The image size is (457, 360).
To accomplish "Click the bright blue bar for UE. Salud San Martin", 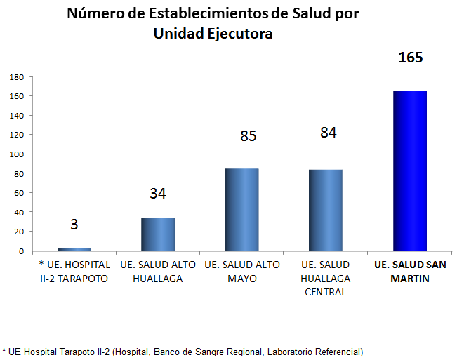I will [410, 171].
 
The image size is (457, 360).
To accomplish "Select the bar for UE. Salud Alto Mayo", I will [241, 209].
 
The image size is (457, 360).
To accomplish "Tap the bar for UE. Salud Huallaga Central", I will [326, 210].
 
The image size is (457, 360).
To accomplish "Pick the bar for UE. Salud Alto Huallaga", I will [158, 234].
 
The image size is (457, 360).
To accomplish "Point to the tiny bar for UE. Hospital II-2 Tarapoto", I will [74, 249].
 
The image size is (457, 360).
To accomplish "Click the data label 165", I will [410, 58].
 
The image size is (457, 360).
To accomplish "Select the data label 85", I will [249, 135].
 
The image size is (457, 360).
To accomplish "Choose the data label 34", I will [158, 194].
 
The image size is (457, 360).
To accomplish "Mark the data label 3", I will [74, 225].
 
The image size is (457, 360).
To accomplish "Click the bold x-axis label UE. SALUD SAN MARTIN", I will [410, 272].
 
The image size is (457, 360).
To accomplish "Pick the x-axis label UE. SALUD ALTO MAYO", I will [241, 272].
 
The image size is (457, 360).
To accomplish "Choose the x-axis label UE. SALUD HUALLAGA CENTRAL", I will [325, 278].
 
